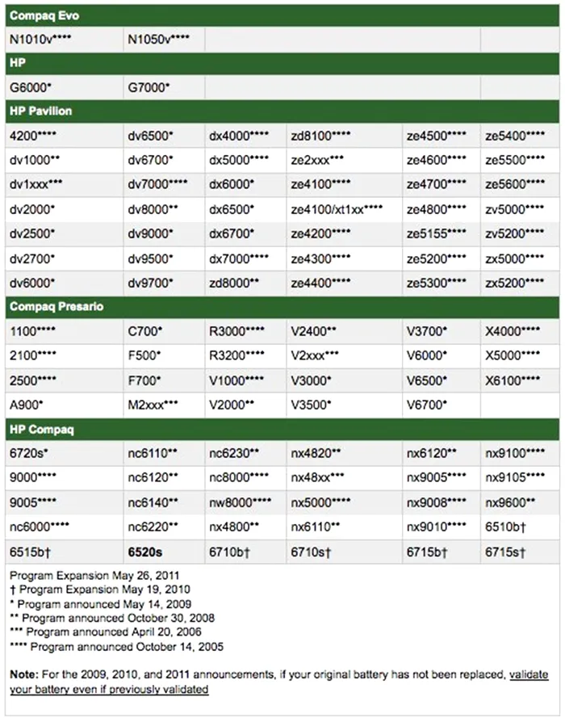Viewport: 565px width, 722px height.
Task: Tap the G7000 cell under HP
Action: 149,86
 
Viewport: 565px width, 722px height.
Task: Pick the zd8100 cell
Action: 320,135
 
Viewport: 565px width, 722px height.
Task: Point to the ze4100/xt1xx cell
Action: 337,209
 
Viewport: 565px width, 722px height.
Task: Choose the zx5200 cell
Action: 515,283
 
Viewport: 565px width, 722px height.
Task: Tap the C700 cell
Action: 145,331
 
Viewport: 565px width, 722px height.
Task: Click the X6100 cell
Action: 513,380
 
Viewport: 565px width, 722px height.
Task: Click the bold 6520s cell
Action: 148,552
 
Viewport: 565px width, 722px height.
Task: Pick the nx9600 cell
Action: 510,502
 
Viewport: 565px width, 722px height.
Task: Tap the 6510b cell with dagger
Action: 506,527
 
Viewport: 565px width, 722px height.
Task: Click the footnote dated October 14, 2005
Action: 117,647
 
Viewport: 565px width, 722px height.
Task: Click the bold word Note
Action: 23,674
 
